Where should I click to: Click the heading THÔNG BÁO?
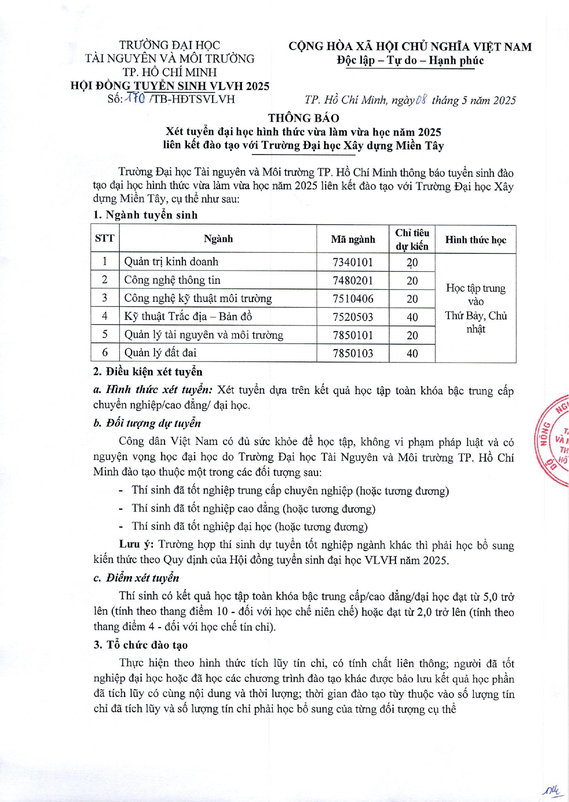coord(303,118)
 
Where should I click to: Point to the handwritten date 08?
coord(421,100)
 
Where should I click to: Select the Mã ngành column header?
coord(353,239)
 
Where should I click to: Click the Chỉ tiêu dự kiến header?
coord(412,239)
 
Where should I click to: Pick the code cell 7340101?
coord(353,262)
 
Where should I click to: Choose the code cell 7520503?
coord(353,317)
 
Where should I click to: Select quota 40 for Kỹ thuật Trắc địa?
coord(412,317)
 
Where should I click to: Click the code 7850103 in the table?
coord(353,353)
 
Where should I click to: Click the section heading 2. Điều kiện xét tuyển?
coord(148,371)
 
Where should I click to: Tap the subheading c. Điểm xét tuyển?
coord(136,578)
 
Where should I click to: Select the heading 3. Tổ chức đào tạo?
coord(141,645)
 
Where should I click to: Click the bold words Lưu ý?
coord(136,545)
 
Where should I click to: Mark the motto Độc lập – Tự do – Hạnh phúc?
coord(410,61)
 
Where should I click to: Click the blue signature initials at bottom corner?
coord(552,790)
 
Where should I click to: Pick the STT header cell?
coord(104,238)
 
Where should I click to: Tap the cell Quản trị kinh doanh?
coord(171,262)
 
